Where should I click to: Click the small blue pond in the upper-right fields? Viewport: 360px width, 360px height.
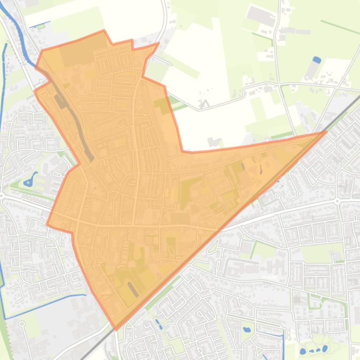pos(316,59)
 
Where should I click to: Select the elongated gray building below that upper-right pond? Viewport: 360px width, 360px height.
pos(311,70)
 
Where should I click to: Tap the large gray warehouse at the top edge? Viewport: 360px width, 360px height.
pos(261,16)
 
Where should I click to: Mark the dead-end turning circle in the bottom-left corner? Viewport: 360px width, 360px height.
pos(22,323)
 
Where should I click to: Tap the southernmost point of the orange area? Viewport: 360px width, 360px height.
pos(116,329)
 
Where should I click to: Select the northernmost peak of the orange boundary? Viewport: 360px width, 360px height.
pos(104,31)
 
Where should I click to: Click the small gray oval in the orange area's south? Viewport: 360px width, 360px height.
pos(133,289)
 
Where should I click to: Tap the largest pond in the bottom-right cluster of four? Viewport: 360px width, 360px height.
pos(303,351)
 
